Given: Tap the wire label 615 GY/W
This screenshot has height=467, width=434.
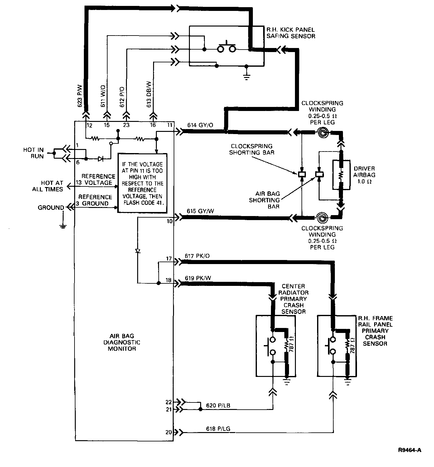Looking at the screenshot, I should click(200, 211).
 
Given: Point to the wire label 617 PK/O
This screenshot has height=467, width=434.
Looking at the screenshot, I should click(197, 256).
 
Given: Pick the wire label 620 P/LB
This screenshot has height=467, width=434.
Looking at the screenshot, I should click(218, 406).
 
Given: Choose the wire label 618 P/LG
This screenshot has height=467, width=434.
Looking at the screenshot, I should click(218, 429).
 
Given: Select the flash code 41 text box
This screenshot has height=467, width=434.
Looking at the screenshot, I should click(142, 183).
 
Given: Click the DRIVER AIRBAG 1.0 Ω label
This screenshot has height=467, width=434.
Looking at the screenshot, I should click(364, 175).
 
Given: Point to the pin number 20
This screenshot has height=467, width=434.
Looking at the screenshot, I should click(169, 432).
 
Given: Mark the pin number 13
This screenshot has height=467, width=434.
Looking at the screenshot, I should click(78, 183).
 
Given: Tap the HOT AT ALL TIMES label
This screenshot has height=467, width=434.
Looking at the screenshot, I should click(48, 186).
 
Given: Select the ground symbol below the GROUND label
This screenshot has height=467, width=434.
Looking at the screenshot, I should click(63, 225).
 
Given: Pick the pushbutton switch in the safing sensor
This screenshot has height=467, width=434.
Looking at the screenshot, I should click(227, 47).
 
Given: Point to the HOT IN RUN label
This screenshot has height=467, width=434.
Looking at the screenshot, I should click(34, 153).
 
